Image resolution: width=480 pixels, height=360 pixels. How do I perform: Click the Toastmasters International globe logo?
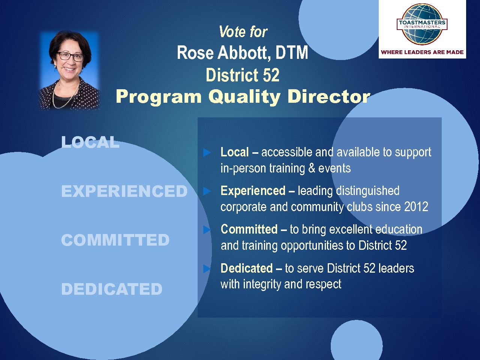click(422, 24)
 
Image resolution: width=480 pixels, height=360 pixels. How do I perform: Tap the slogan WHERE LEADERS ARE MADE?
click(422, 52)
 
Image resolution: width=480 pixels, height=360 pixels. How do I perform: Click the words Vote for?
click(243, 32)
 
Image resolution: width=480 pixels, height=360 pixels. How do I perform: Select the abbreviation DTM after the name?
click(292, 52)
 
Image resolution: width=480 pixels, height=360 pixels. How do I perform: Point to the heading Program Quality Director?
click(243, 97)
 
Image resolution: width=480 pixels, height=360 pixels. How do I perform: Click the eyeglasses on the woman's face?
click(70, 56)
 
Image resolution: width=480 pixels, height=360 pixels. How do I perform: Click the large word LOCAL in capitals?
click(90, 142)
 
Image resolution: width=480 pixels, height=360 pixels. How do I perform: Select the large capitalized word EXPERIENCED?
click(124, 191)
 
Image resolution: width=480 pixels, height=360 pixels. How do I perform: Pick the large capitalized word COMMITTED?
click(115, 240)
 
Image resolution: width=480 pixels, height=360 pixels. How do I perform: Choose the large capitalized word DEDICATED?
click(112, 289)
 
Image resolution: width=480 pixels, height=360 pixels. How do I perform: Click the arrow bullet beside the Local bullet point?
click(207, 153)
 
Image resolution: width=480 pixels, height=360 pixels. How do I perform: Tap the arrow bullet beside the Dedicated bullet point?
click(207, 268)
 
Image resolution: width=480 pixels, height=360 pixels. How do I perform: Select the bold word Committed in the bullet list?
click(249, 229)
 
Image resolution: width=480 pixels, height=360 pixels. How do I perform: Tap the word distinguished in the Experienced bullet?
click(367, 191)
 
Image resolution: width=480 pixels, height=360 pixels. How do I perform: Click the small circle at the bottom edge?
click(357, 341)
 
